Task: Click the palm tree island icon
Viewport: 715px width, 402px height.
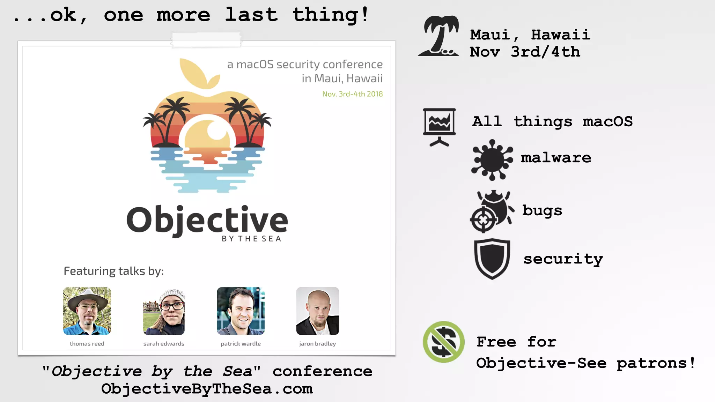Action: (439, 36)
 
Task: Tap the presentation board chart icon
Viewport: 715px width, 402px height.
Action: (439, 127)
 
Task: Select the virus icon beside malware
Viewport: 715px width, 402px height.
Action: (492, 160)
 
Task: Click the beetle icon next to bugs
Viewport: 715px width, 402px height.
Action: (492, 211)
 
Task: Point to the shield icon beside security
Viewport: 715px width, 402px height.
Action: (492, 259)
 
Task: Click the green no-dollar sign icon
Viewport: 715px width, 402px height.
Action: (443, 342)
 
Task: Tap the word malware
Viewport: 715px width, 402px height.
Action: (556, 158)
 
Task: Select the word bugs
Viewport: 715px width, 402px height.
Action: (542, 210)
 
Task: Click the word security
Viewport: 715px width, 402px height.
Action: (563, 259)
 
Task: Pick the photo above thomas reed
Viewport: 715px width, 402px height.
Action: (87, 311)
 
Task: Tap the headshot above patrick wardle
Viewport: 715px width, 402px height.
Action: (241, 311)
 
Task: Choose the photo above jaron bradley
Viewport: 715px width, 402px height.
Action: (317, 311)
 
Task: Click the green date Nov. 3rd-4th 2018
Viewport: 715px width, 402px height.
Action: (352, 94)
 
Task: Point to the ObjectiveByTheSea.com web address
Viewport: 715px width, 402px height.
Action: (207, 389)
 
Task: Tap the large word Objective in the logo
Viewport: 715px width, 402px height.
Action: (207, 220)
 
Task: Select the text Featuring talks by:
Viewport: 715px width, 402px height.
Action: (114, 271)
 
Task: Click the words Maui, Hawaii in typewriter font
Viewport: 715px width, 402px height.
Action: (530, 35)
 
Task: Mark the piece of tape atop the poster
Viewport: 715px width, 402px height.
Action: (206, 39)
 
